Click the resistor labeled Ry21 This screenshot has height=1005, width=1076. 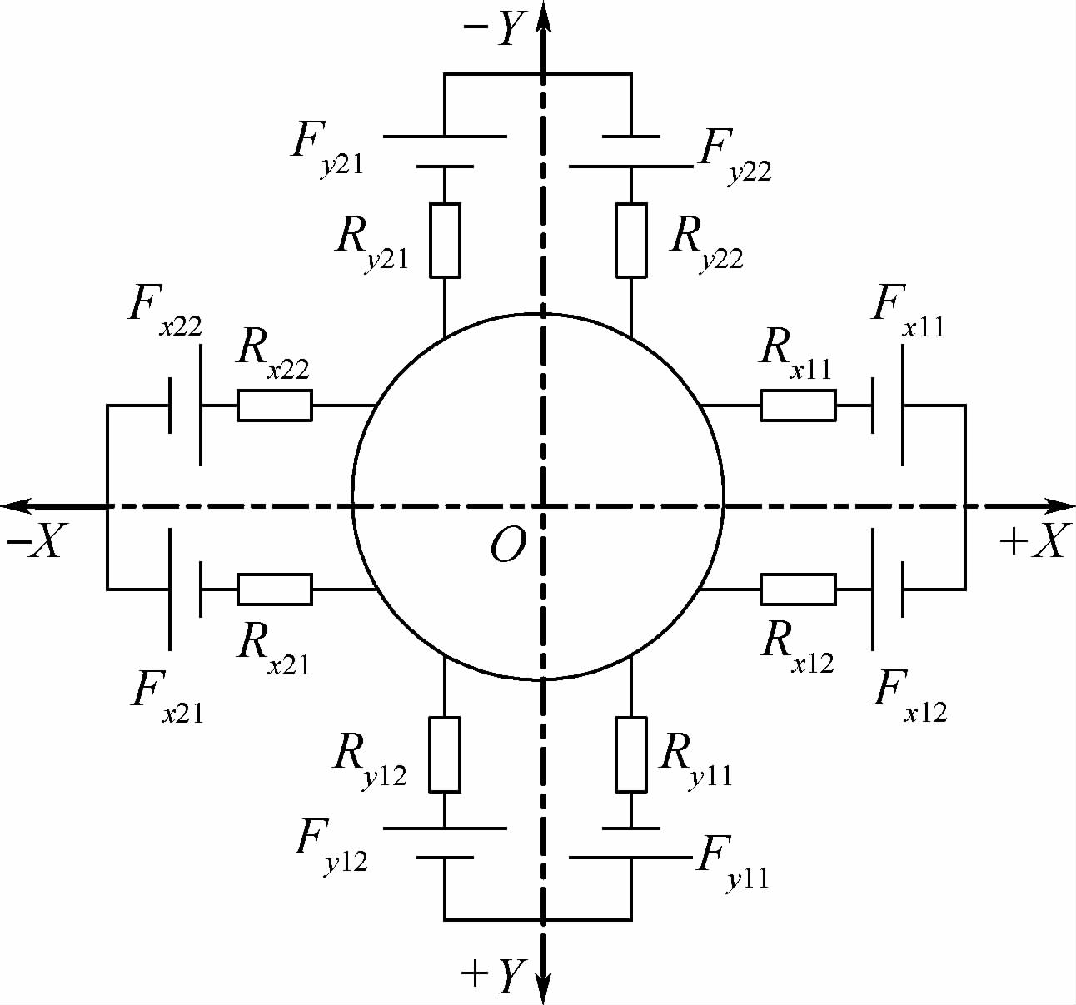(445, 241)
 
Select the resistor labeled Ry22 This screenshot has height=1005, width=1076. (631, 241)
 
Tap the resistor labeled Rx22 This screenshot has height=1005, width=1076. (275, 405)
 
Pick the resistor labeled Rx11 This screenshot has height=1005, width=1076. (798, 405)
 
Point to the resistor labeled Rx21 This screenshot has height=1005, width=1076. (275, 589)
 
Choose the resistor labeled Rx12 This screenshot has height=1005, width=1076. (798, 589)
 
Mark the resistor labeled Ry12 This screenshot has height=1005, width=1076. (445, 754)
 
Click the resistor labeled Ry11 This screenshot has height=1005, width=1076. (631, 754)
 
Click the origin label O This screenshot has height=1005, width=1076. (508, 545)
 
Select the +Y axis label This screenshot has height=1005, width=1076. (493, 975)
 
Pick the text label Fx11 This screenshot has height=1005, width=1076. (909, 313)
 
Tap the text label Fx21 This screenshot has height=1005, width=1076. (167, 698)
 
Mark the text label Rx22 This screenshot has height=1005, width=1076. (272, 354)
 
